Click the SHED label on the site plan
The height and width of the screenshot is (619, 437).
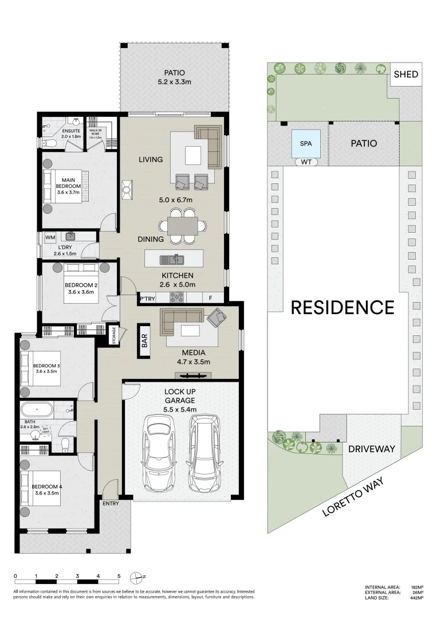tap(407, 75)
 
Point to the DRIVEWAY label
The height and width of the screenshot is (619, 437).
tap(372, 449)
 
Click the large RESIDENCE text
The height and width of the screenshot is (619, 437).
tap(342, 307)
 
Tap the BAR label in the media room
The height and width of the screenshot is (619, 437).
tap(145, 342)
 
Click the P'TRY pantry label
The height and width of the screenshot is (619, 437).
tap(148, 299)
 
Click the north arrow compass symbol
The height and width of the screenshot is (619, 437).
tap(136, 577)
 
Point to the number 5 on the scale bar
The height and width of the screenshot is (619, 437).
tap(119, 575)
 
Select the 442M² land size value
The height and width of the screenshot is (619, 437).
tap(416, 598)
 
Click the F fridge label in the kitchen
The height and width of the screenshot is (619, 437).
tap(211, 298)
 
